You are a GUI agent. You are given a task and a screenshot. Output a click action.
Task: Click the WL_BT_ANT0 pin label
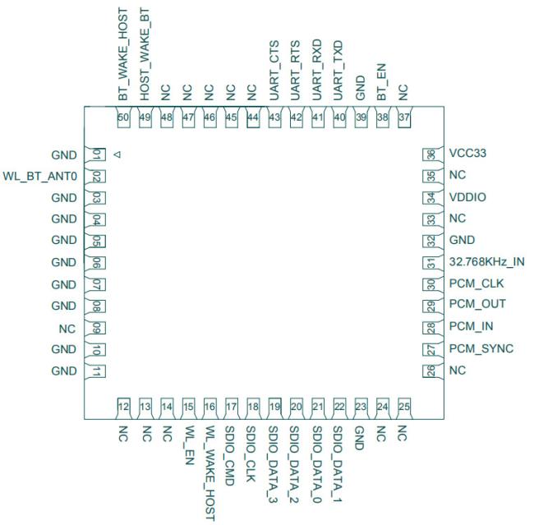40,176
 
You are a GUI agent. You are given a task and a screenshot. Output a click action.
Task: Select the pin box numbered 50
123,117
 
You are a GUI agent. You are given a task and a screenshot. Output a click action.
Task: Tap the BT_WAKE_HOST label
122,54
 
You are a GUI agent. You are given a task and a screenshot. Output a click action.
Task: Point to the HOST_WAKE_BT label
145,54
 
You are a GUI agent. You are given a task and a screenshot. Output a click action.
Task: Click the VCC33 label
467,154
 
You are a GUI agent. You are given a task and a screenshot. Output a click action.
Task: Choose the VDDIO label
467,197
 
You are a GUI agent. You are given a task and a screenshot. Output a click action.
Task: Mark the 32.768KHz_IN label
486,261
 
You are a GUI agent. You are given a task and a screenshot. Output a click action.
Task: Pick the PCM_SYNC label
481,348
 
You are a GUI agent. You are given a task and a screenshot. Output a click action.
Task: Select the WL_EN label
188,445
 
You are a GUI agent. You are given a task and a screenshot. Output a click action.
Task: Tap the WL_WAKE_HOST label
210,473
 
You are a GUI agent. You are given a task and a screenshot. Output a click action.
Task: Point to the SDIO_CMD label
230,456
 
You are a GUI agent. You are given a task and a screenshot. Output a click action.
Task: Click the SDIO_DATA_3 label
274,465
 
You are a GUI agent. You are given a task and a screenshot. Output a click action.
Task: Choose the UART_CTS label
274,71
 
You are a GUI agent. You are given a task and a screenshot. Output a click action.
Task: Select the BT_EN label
381,82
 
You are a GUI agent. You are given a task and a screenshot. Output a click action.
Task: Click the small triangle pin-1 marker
117,154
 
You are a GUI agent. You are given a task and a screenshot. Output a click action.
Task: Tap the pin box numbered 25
404,407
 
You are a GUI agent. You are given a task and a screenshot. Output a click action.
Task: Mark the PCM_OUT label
477,304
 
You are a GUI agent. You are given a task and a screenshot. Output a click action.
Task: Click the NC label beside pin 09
67,329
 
